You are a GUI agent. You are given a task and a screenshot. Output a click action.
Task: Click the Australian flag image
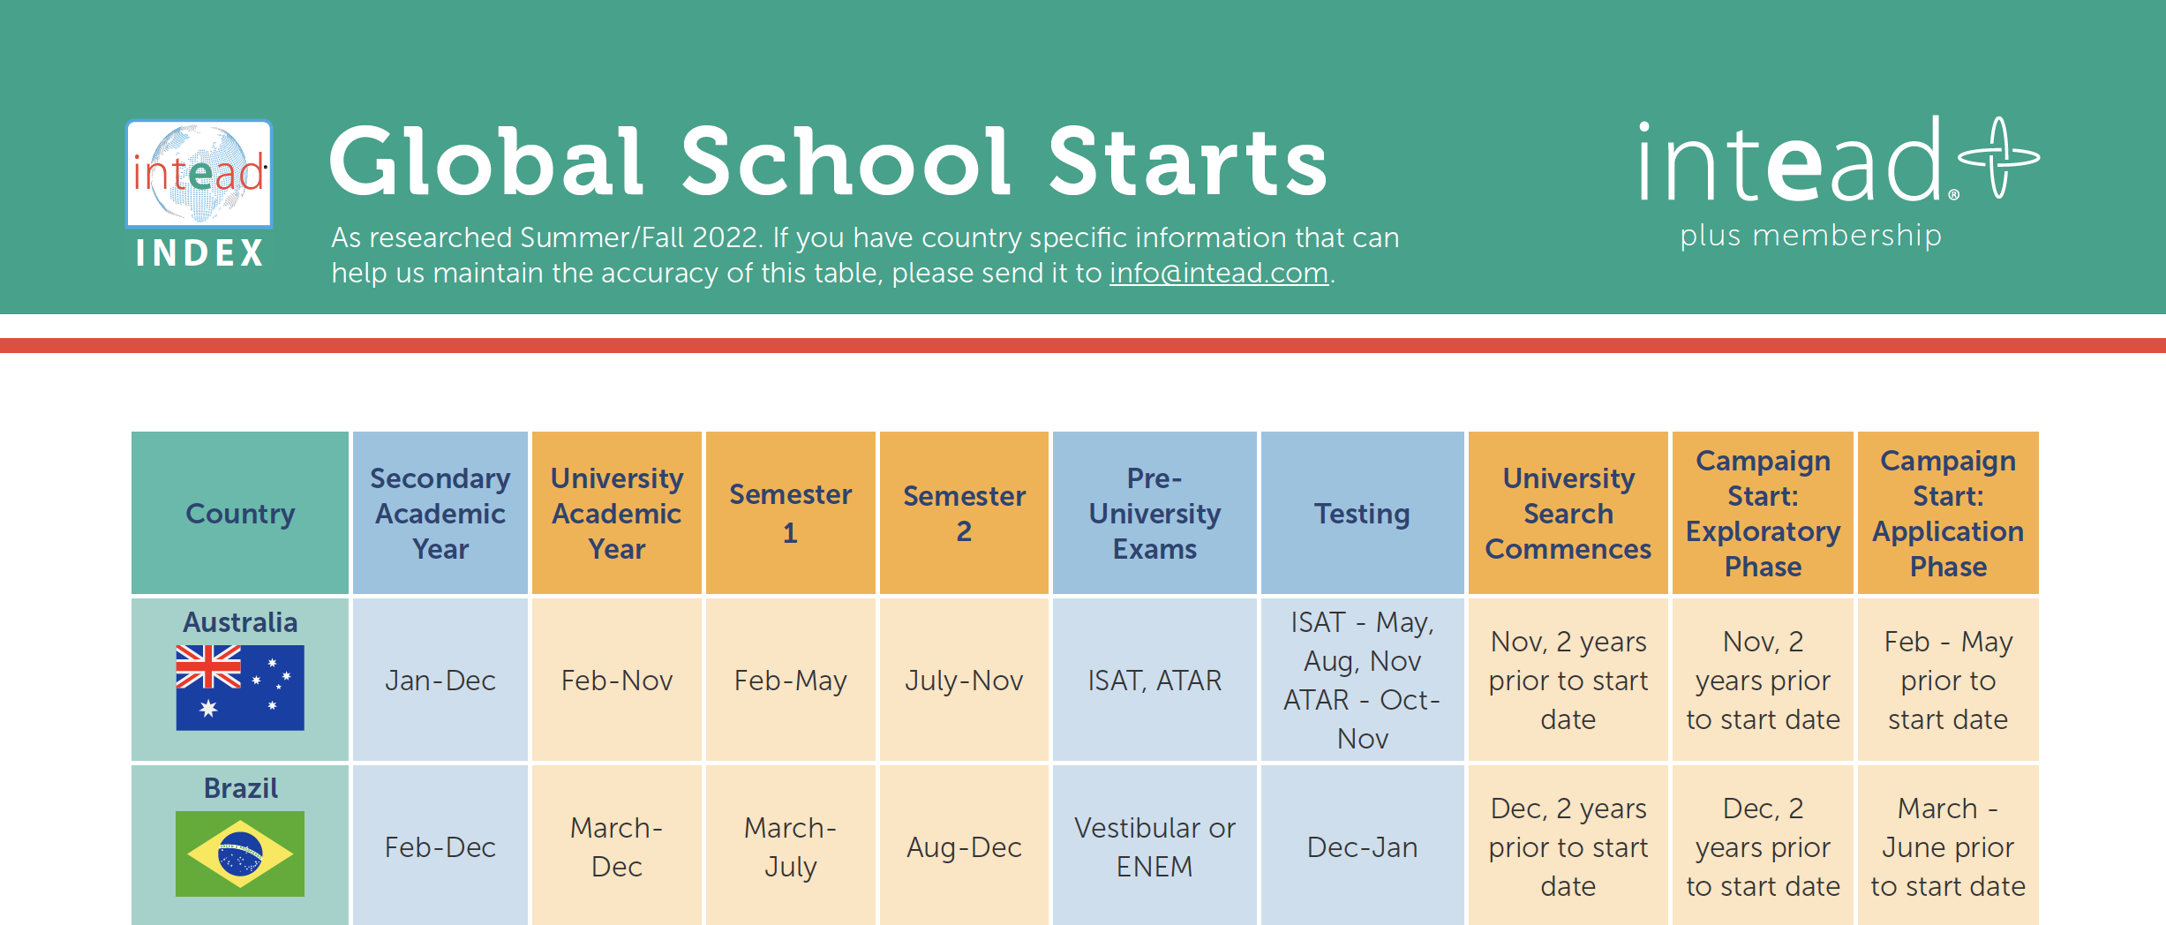(240, 688)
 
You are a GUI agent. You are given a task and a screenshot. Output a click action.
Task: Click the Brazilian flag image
(240, 854)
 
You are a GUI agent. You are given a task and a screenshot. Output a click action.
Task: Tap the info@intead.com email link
(1218, 274)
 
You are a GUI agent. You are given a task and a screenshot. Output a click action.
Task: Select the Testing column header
(1362, 513)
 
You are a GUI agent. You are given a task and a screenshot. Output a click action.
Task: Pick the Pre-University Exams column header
(1154, 513)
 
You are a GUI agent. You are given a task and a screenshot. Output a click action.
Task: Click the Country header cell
(240, 513)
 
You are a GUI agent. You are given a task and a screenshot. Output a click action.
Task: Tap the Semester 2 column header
(964, 513)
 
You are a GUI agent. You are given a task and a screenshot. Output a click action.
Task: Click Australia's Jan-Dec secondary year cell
(440, 681)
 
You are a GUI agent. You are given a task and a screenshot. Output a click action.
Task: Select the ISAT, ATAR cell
(1154, 681)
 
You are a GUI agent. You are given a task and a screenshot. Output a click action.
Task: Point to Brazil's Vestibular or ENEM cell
(1154, 846)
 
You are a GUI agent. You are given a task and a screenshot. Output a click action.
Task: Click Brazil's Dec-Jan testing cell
(1362, 846)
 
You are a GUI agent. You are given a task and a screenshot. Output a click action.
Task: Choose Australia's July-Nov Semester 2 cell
(964, 681)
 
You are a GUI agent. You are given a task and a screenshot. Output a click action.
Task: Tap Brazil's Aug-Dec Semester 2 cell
(964, 846)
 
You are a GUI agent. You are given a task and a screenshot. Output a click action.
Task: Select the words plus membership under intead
(1810, 236)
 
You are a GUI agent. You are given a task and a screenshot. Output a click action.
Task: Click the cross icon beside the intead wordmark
(1998, 157)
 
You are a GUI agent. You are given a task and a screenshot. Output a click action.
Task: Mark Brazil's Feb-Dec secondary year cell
(440, 846)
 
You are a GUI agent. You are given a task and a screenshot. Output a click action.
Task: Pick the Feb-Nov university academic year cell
(617, 681)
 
